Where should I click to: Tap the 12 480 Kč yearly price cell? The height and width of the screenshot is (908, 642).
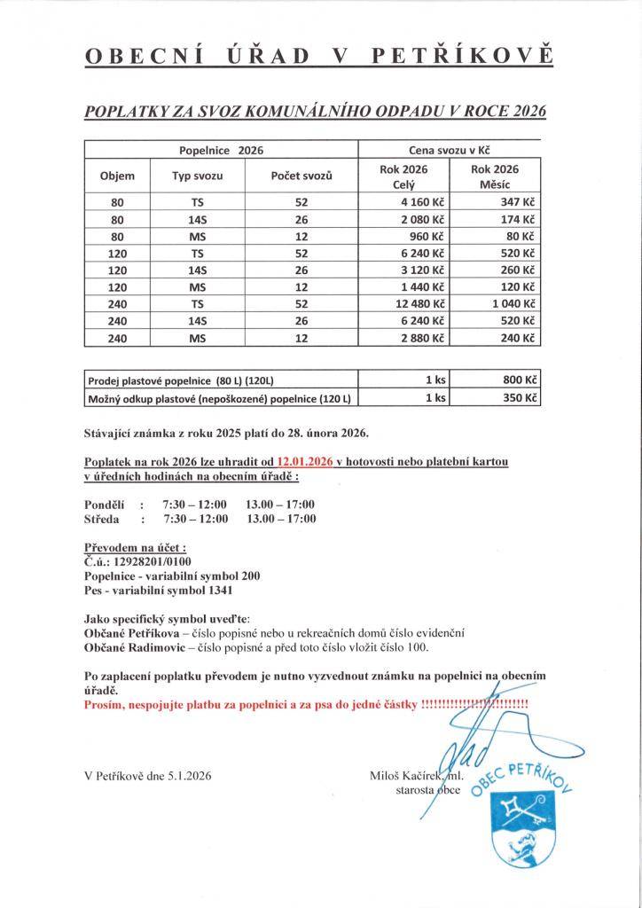(x=420, y=303)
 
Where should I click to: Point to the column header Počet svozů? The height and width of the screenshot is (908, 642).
(x=301, y=176)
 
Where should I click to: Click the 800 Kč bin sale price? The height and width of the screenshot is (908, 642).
(x=521, y=380)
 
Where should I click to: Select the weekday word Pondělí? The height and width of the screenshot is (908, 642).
(x=104, y=505)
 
